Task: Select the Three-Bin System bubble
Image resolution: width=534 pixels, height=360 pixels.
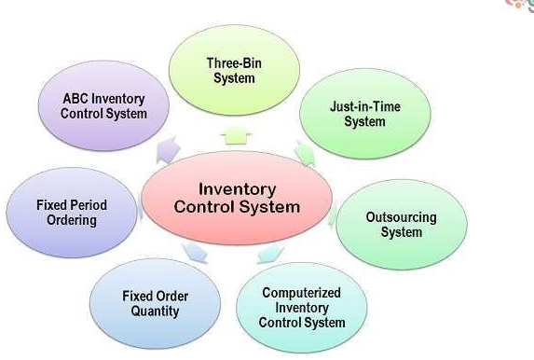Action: pyautogui.click(x=234, y=71)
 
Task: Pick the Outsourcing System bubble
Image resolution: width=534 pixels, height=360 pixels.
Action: pyautogui.click(x=401, y=224)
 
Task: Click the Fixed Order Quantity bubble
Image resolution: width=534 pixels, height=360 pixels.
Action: pyautogui.click(x=155, y=304)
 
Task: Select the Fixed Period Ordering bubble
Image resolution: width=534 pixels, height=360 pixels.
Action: pyautogui.click(x=72, y=213)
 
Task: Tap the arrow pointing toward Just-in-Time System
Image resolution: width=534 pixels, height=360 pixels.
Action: pyautogui.click(x=304, y=151)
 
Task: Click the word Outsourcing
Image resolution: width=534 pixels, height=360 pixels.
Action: pyautogui.click(x=401, y=217)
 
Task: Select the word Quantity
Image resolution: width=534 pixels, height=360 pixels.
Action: pyautogui.click(x=155, y=312)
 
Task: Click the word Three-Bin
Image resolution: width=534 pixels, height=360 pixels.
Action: pyautogui.click(x=234, y=63)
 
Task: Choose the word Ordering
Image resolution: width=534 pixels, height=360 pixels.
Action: pyautogui.click(x=72, y=220)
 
